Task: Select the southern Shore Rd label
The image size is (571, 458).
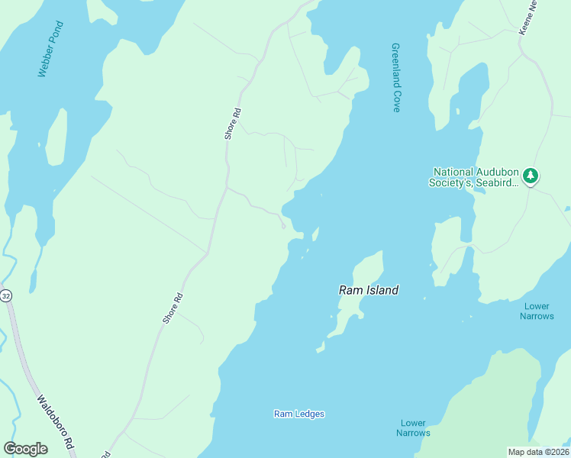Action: click(x=173, y=308)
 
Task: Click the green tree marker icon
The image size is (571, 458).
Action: click(x=531, y=176)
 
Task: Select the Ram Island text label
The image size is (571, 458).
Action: click(x=369, y=290)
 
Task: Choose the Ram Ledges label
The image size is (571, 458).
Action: click(x=299, y=414)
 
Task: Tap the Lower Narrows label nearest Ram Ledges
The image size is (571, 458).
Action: click(x=413, y=428)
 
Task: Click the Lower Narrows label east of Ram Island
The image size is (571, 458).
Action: click(x=537, y=311)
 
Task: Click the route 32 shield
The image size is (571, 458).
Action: click(x=6, y=295)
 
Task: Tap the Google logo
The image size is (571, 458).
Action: click(x=25, y=449)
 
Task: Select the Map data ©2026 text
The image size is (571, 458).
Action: click(x=538, y=452)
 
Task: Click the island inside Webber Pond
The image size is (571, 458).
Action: click(x=56, y=137)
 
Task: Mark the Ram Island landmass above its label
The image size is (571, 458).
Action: click(x=369, y=268)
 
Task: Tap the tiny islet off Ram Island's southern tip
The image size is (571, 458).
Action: click(x=321, y=349)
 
